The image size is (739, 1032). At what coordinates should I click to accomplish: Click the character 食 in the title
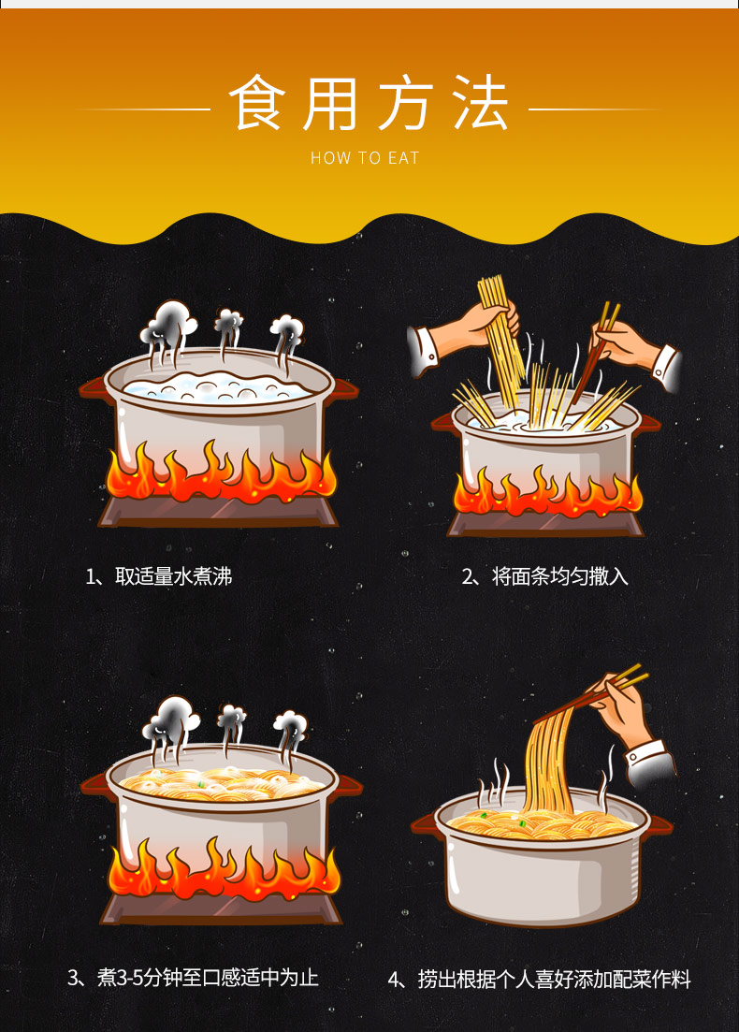(257, 103)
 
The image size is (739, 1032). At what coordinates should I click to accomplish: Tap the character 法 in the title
(481, 103)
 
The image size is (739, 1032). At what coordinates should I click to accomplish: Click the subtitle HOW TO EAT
(365, 158)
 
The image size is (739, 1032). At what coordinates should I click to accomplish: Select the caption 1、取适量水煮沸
(159, 576)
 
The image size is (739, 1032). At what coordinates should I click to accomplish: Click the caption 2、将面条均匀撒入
(544, 576)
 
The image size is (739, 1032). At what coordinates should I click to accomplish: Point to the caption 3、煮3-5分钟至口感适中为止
(193, 978)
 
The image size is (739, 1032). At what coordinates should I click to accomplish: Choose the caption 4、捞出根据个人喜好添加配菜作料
(539, 980)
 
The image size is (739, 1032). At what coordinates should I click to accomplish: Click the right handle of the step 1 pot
(345, 389)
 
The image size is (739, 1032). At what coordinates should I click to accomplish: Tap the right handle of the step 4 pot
(660, 824)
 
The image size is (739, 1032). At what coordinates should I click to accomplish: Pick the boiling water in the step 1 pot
(217, 387)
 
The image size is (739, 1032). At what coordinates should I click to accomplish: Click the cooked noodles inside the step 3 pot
(223, 783)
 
